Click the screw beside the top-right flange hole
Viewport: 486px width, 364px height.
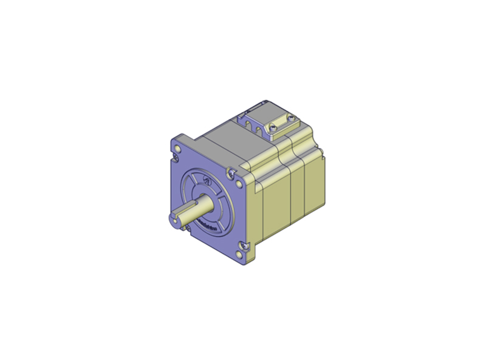click(230, 172)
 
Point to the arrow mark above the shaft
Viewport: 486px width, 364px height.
click(206, 180)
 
